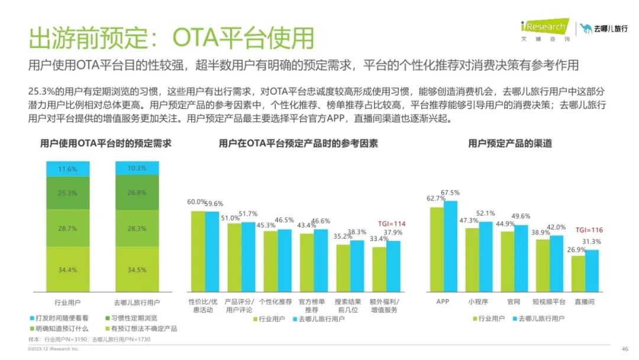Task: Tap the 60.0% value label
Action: [197, 202]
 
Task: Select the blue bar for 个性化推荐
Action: [285, 261]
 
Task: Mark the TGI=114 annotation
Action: [390, 223]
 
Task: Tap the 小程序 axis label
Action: [479, 301]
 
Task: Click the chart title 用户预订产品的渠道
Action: [510, 143]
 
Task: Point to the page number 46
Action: [624, 349]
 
